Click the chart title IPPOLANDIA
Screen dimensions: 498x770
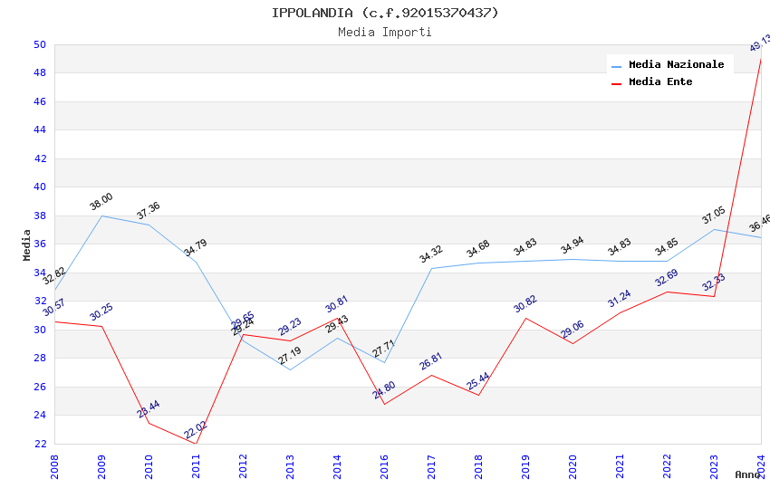coord(385,13)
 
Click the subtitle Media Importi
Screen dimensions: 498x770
coord(385,32)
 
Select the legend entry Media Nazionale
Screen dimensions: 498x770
coord(676,64)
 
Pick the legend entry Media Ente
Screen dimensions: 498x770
coord(660,81)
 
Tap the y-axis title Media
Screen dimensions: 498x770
coord(27,244)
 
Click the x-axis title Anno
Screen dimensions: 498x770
coord(747,474)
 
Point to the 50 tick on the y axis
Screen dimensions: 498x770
coord(40,44)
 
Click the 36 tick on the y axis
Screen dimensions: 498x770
coord(40,244)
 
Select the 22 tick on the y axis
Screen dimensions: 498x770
coord(40,444)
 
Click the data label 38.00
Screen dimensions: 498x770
coord(101,202)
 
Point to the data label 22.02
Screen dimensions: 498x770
coord(196,430)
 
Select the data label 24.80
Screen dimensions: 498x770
coord(384,390)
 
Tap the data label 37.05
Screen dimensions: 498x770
coord(714,215)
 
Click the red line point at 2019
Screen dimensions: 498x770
coord(525,318)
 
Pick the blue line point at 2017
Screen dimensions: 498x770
coord(431,268)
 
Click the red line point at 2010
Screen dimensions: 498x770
coord(149,423)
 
